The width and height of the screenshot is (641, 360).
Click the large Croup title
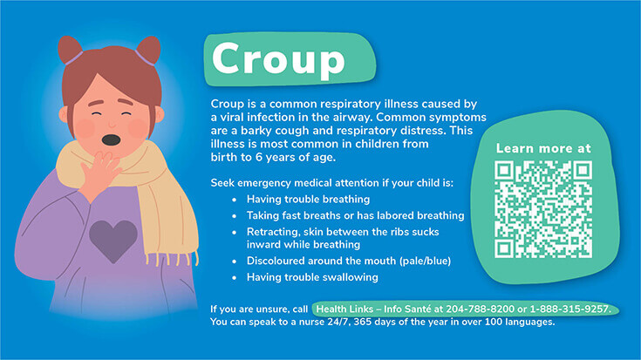click(x=278, y=59)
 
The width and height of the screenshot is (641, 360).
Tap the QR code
click(x=543, y=209)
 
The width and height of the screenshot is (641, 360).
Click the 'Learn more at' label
click(x=543, y=148)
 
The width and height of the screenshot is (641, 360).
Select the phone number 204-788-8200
click(x=480, y=309)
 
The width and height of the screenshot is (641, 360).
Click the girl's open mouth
click(x=111, y=140)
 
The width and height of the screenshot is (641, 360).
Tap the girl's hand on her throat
click(x=99, y=173)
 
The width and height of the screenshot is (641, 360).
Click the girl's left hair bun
click(x=70, y=50)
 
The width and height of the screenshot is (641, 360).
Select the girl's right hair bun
click(x=148, y=51)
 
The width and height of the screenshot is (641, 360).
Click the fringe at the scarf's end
click(x=172, y=258)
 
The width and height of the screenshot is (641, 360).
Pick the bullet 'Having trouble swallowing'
click(x=312, y=277)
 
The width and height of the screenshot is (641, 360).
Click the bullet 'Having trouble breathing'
click(x=308, y=199)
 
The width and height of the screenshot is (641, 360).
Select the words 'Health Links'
click(x=345, y=309)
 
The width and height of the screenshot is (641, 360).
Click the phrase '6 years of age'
click(x=296, y=157)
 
